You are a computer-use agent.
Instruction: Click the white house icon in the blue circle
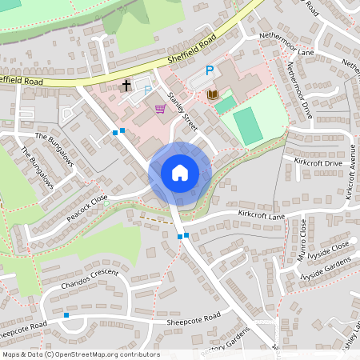(x=179, y=173)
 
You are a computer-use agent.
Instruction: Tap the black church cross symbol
(x=126, y=85)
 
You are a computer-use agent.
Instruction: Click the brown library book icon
(x=213, y=95)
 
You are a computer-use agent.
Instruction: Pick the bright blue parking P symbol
(x=210, y=71)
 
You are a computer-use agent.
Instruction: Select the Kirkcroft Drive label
(x=318, y=163)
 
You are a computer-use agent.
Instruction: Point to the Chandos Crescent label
(x=89, y=279)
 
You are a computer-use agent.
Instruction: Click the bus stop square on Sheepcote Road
(x=66, y=315)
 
